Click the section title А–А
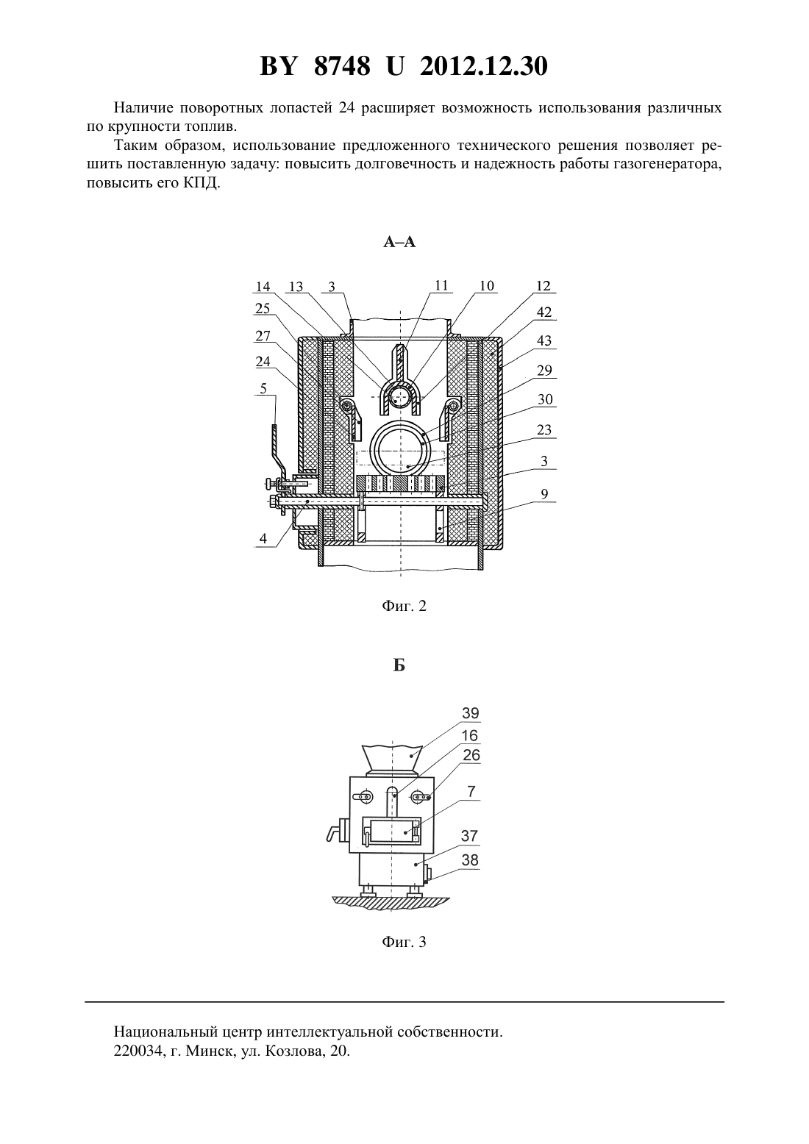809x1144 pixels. click(399, 242)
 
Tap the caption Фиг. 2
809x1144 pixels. click(404, 606)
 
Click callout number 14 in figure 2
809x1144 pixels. click(263, 287)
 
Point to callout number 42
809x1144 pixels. click(544, 312)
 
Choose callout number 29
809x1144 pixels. click(544, 371)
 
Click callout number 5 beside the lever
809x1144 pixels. click(263, 389)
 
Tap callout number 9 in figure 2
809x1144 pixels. click(544, 494)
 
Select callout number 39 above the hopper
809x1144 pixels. click(471, 713)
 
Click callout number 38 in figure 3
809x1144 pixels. click(470, 860)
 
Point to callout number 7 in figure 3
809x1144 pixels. click(471, 792)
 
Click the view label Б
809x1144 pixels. click(399, 665)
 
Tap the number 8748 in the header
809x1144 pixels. click(342, 66)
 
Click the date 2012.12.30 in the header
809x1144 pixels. click(484, 66)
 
